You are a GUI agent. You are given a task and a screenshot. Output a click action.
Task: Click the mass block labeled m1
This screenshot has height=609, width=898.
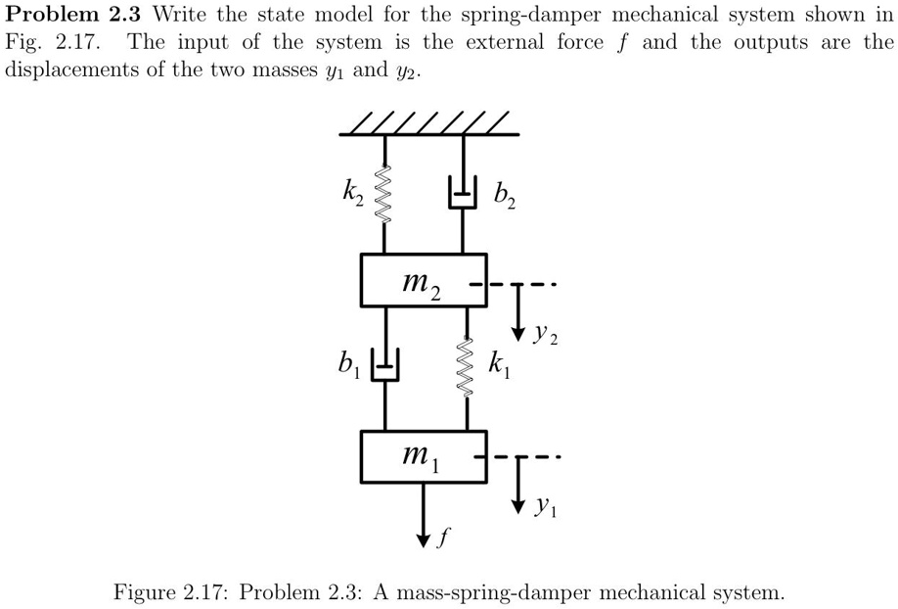(x=423, y=455)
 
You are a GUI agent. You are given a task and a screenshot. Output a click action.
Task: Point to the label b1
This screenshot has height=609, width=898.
(x=348, y=368)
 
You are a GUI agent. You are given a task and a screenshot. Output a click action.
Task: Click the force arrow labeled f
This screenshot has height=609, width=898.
(x=424, y=514)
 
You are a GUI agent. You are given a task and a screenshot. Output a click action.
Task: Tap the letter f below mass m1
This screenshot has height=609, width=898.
(x=445, y=538)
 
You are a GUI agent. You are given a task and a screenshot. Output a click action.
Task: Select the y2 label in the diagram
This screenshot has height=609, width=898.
(x=546, y=338)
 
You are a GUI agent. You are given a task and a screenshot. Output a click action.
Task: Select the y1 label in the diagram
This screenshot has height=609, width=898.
(x=546, y=509)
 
